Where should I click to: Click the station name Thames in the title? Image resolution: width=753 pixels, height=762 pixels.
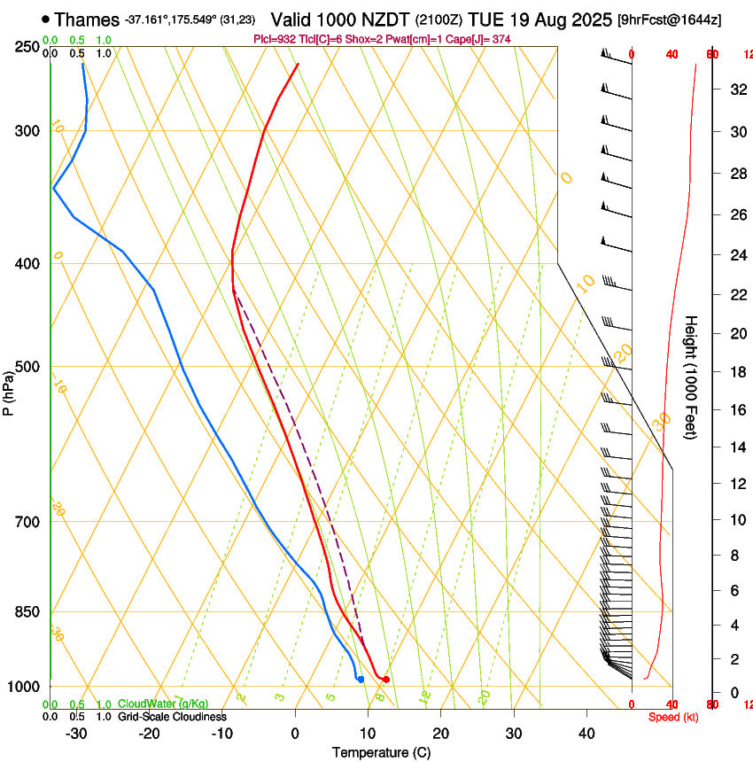point(87,19)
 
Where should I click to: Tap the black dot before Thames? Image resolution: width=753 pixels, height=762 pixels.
point(45,19)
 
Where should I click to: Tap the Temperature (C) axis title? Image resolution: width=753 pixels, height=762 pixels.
point(381,752)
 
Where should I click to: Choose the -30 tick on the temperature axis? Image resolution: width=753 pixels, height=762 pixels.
point(76,733)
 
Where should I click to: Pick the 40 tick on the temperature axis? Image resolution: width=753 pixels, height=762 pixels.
point(586,733)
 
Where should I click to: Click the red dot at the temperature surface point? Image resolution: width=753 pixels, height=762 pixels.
point(386,679)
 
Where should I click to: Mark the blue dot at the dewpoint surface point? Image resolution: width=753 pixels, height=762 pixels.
point(361,679)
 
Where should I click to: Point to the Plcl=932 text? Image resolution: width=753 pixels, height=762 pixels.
point(274,39)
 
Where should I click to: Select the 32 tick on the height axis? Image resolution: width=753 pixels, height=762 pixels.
point(737,89)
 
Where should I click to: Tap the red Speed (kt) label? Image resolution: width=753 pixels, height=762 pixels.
point(674,717)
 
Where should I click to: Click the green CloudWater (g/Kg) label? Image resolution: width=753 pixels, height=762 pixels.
point(157,704)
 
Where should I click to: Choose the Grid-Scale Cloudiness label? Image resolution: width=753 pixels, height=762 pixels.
point(172,717)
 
